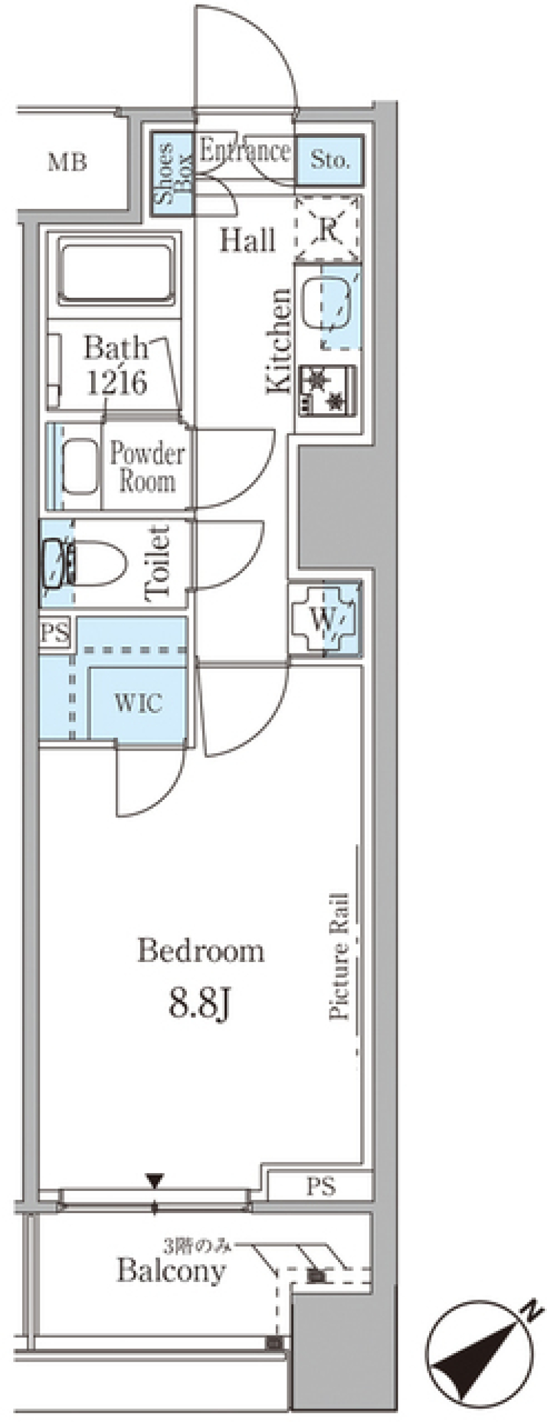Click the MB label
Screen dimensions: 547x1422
tap(68, 163)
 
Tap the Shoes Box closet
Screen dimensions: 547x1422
tap(172, 174)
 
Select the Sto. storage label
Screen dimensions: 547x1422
tap(329, 160)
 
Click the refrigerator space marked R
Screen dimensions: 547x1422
tap(328, 229)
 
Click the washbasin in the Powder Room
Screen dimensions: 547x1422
tap(79, 466)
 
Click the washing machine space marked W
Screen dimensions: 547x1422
tap(324, 619)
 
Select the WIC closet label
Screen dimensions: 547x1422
tap(138, 703)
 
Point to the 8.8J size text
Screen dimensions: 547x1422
tap(199, 1004)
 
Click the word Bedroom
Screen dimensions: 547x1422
tap(201, 951)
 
